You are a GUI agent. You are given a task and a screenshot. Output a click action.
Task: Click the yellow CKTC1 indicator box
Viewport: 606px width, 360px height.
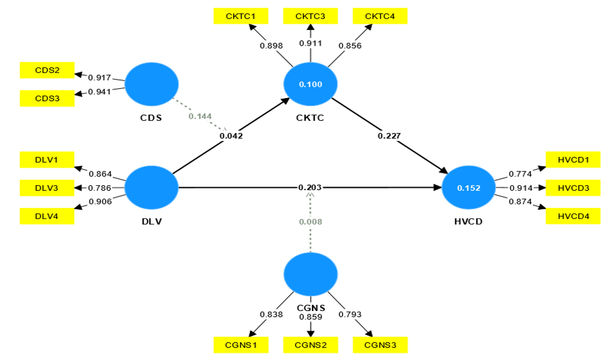[x=241, y=16]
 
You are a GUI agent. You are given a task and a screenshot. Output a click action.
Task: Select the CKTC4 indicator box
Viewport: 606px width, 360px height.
[x=380, y=16]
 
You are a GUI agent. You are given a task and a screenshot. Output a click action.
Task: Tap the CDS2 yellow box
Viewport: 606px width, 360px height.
[x=47, y=70]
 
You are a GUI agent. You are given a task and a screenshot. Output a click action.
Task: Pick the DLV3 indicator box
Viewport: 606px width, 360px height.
[x=47, y=188]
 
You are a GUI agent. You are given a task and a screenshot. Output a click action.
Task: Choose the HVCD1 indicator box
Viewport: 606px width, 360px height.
[x=573, y=160]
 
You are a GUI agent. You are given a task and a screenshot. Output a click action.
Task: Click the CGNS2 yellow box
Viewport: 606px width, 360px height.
[x=310, y=345]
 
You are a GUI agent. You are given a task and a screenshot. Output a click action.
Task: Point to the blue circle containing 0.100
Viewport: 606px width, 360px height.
[x=310, y=84]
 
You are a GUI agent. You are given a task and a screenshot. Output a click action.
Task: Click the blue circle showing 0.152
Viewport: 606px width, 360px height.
[x=468, y=188]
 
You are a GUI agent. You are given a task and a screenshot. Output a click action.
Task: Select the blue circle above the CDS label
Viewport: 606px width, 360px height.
[x=151, y=84]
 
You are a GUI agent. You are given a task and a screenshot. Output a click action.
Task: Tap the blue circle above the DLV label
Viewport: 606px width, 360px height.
[x=151, y=188]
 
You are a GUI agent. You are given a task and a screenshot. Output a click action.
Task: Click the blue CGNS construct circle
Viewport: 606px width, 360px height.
[x=310, y=274]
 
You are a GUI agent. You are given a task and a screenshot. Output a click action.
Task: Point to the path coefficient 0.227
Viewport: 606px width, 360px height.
[x=389, y=136]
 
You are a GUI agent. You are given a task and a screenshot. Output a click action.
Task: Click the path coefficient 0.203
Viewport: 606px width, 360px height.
[x=310, y=187]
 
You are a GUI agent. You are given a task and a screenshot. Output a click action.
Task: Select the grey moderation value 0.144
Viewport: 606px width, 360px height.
[x=200, y=116]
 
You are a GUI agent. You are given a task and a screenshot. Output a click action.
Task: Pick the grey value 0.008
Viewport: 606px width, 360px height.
[x=310, y=222]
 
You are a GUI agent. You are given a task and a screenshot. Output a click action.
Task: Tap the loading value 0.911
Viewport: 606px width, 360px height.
[x=310, y=44]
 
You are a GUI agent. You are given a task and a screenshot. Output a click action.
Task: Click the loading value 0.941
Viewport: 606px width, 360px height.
[x=99, y=91]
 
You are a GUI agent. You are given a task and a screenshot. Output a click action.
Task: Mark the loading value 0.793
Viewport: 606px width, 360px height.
[x=350, y=314]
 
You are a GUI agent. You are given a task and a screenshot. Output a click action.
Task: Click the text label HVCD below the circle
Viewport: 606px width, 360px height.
[x=468, y=222]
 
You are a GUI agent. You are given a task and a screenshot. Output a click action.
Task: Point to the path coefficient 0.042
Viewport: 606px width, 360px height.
[x=231, y=136]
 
